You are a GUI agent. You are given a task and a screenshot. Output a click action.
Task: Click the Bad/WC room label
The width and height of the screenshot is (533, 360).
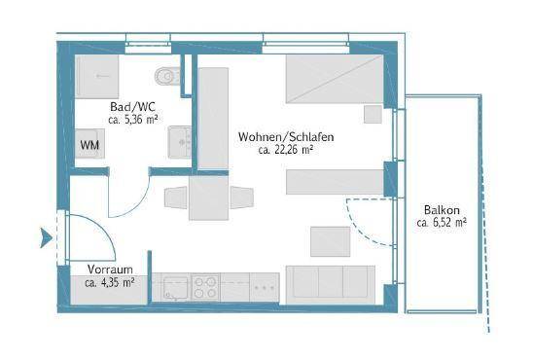pyautogui.click(x=132, y=107)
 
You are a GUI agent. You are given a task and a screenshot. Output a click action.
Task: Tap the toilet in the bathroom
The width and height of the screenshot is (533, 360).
pyautogui.click(x=167, y=77)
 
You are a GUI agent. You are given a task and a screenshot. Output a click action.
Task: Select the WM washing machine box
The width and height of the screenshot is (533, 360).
pyautogui.click(x=89, y=144)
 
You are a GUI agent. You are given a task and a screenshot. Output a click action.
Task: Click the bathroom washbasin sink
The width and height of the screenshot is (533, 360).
pyautogui.click(x=180, y=142)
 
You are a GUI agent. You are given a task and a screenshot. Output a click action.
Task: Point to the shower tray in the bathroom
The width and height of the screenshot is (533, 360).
pyautogui.click(x=97, y=77)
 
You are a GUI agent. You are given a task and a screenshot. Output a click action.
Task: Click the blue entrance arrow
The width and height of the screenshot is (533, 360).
pyautogui.click(x=46, y=238)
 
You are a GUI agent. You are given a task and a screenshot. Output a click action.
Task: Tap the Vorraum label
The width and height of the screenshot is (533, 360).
pyautogui.click(x=110, y=270)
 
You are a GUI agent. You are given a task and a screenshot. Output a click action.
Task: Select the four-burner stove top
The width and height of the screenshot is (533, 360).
pyautogui.click(x=205, y=287)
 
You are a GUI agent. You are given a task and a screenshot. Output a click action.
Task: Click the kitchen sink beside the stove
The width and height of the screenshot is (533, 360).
pyautogui.click(x=176, y=288)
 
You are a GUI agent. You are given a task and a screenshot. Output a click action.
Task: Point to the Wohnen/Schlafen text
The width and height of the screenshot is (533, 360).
pyautogui.click(x=286, y=137)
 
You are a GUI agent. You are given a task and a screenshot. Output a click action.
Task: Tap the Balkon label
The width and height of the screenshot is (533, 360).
pyautogui.click(x=442, y=210)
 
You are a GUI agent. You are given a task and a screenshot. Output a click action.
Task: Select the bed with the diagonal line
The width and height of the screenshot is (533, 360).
pyautogui.click(x=335, y=79)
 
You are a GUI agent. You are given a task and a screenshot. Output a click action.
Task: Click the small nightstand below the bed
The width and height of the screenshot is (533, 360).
pyautogui.click(x=373, y=114)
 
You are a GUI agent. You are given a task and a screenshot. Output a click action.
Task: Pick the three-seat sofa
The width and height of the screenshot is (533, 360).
pyautogui.click(x=331, y=285)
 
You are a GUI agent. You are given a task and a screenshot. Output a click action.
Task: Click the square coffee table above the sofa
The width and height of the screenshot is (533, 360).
pyautogui.click(x=331, y=241)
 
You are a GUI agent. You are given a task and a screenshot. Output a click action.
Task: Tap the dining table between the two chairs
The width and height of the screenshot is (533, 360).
pyautogui.click(x=209, y=198)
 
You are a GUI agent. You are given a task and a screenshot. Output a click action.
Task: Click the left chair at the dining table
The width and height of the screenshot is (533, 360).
pyautogui.click(x=176, y=198)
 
